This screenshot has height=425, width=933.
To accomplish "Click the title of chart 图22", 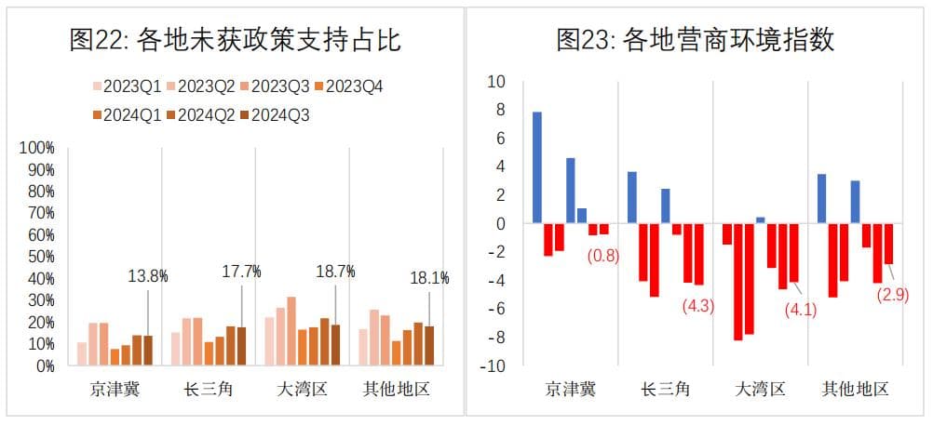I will point(236,39).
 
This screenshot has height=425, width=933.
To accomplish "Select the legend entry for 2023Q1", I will point(125,86).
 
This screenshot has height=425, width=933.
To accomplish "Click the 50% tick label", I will point(40,257).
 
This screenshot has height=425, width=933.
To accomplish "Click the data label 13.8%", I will point(147,275).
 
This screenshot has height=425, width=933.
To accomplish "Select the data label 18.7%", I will point(335,272).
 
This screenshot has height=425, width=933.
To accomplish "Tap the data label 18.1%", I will point(430,277).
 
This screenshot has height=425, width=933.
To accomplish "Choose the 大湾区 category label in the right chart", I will point(761,389).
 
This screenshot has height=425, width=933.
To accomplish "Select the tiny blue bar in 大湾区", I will point(761,220).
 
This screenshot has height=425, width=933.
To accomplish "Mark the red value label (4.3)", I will point(697,305).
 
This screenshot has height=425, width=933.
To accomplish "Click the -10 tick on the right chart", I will point(494,366).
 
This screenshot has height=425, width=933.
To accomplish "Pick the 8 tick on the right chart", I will point(499,110).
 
